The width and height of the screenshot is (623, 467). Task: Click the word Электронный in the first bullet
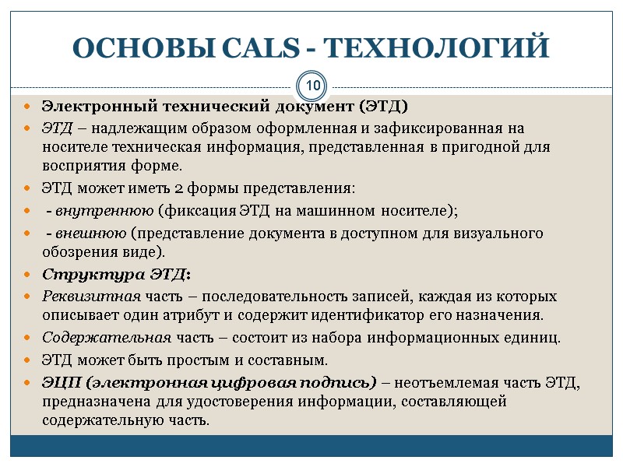pos(90,106)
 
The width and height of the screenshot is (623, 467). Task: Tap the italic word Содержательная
pos(106,339)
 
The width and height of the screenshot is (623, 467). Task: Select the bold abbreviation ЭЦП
pos(60,382)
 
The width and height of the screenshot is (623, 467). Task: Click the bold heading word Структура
pos(81,275)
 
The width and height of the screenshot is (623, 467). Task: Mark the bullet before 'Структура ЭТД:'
pos(27,276)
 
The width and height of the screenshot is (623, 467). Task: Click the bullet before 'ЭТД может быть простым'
pos(27,361)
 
